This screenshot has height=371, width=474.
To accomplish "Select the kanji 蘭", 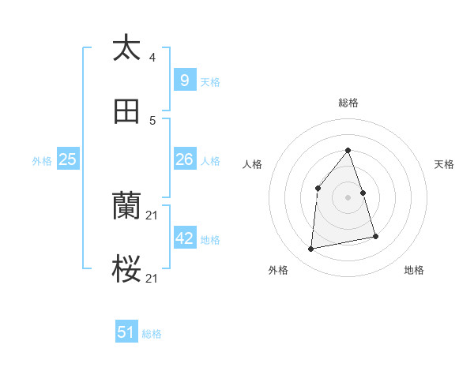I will coord(126,207).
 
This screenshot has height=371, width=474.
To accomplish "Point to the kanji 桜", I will coord(126,270).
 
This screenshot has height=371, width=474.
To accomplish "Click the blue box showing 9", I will coord(184,80).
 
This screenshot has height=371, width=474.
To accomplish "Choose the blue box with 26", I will coord(184,159).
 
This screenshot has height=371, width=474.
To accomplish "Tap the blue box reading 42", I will coord(184,238).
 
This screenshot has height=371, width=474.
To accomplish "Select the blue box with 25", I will coord(67,159).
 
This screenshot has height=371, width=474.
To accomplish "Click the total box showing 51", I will coord(126,332).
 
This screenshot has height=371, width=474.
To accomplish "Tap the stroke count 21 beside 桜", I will coord(153,279).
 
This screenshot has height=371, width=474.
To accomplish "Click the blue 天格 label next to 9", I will coord(210,81).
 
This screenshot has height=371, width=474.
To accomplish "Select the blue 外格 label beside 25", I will coord(42,160).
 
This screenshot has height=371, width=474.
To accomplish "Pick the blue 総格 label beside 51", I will coord(152,334).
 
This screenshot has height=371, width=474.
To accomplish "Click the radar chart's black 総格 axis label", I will coord(348,103).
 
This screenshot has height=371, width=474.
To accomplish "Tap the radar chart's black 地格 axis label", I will coord(414,270).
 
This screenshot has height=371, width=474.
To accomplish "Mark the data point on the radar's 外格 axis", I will coord(311,249).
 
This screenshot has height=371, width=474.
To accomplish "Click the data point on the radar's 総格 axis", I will coord(348,150).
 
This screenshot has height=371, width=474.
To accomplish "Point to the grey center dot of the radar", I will coord(348,197).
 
